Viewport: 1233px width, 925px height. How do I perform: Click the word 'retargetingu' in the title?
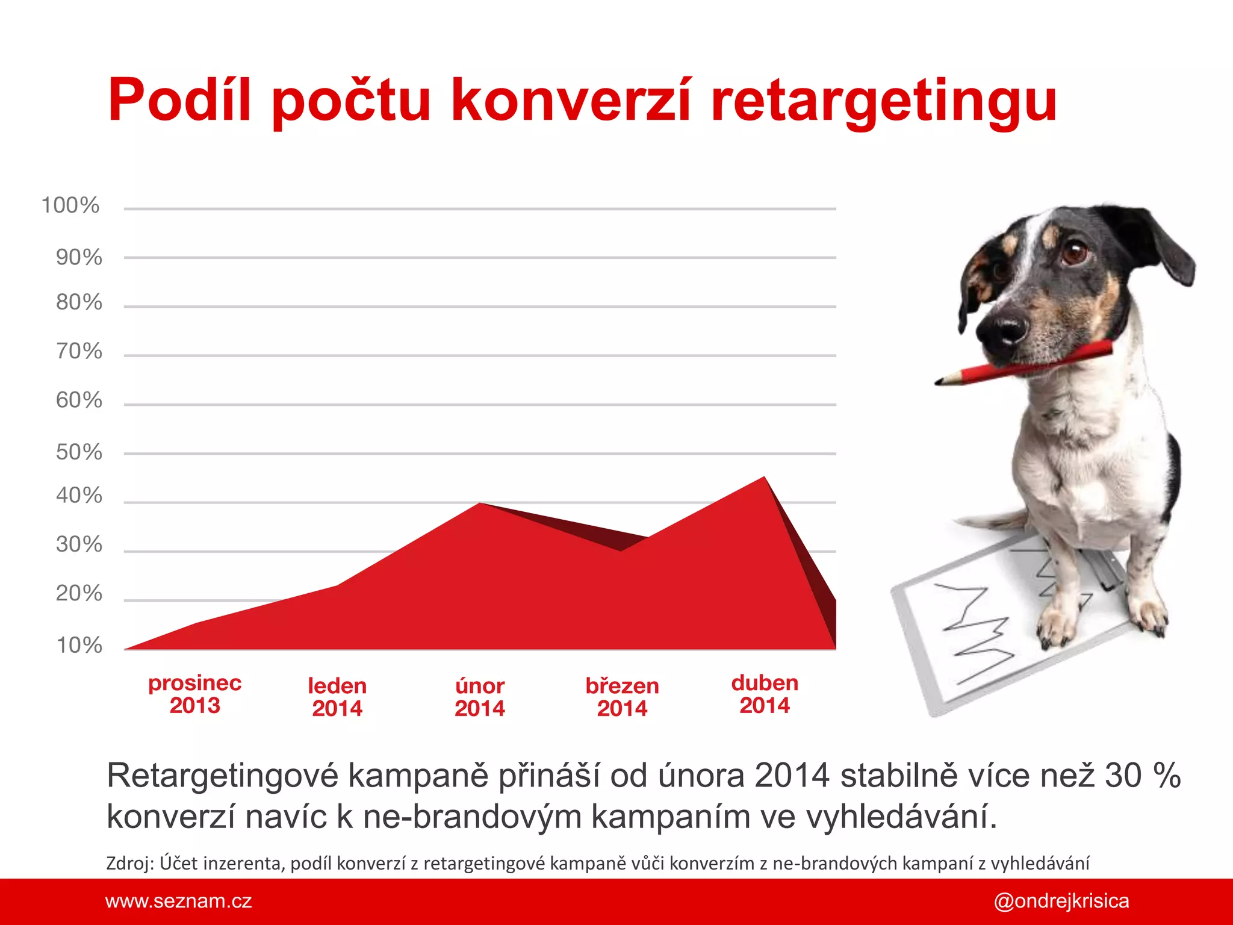click(883, 101)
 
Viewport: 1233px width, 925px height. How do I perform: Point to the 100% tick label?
click(70, 205)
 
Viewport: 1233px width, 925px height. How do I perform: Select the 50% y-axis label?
click(79, 452)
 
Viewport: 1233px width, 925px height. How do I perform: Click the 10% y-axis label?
click(79, 645)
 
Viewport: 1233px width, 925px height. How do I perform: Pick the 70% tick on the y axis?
click(79, 351)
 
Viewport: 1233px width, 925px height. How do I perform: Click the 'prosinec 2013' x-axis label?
click(194, 694)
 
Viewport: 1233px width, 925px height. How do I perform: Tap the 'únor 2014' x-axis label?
click(479, 697)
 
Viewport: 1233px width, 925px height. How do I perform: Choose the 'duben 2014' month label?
click(765, 694)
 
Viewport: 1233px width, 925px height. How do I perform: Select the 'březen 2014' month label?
click(622, 697)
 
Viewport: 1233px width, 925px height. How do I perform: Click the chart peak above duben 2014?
click(764, 478)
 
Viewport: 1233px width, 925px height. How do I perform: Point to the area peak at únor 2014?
click(480, 504)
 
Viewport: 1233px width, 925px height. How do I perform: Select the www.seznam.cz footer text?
click(178, 901)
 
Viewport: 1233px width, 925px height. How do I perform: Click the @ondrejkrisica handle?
click(1061, 901)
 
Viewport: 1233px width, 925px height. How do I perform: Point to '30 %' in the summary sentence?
click(1142, 776)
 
